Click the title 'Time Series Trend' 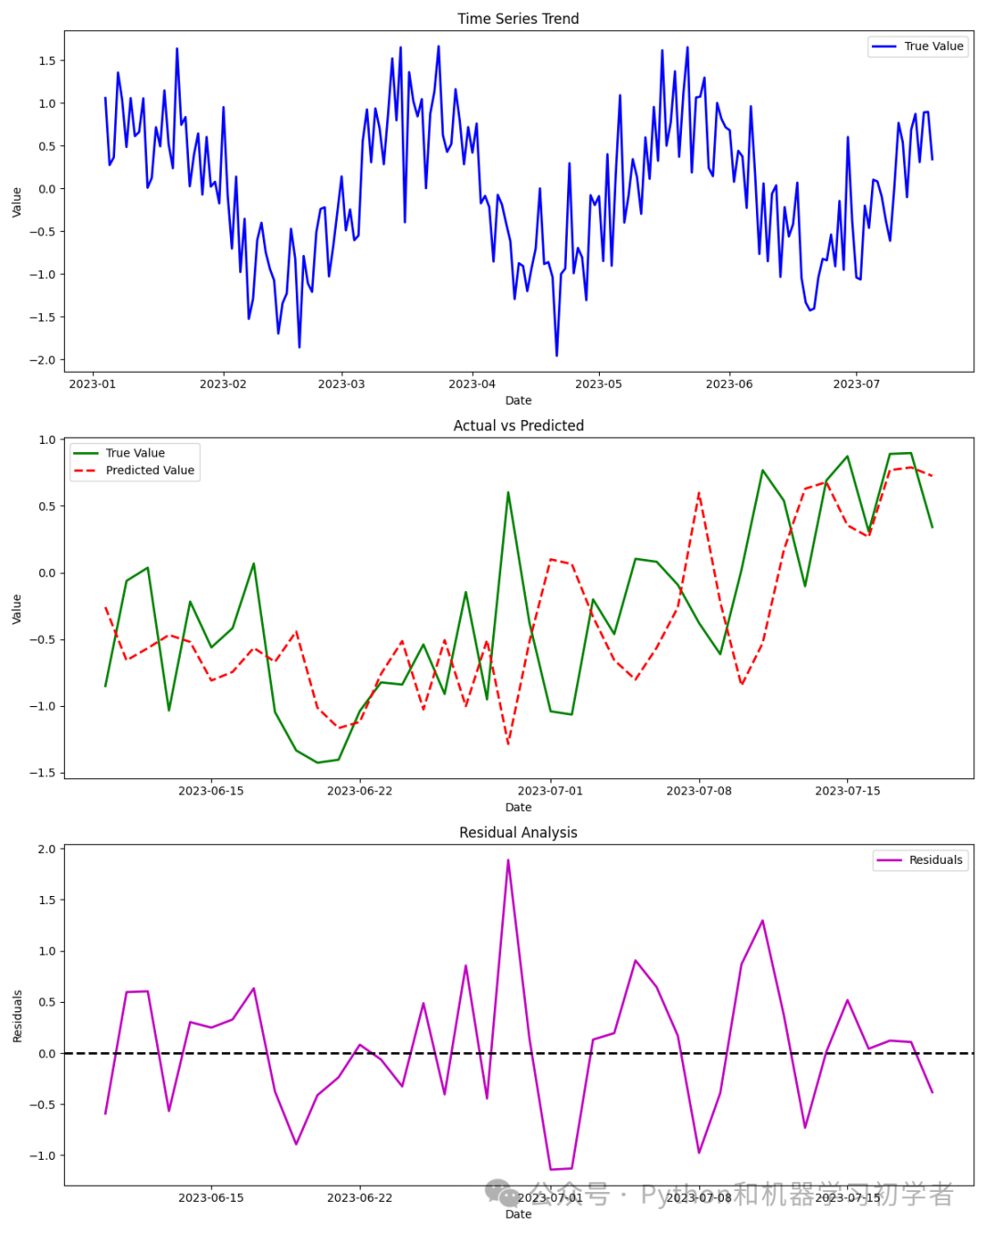[518, 18]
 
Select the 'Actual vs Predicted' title [518, 426]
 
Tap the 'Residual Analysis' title [518, 832]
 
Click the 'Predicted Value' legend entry [150, 470]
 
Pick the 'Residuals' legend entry [935, 859]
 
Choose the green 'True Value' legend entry [135, 453]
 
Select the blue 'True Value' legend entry [933, 46]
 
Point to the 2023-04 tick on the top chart [472, 384]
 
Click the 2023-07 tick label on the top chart [856, 384]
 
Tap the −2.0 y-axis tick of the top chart [41, 360]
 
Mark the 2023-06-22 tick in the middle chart [360, 791]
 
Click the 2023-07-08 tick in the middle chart [698, 791]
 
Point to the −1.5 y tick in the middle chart [41, 773]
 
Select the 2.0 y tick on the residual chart [47, 849]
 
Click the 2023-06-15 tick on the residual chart [211, 1197]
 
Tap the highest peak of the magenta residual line [508, 859]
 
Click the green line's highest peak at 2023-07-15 [847, 457]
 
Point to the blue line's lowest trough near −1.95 [557, 355]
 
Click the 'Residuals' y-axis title [17, 1016]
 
